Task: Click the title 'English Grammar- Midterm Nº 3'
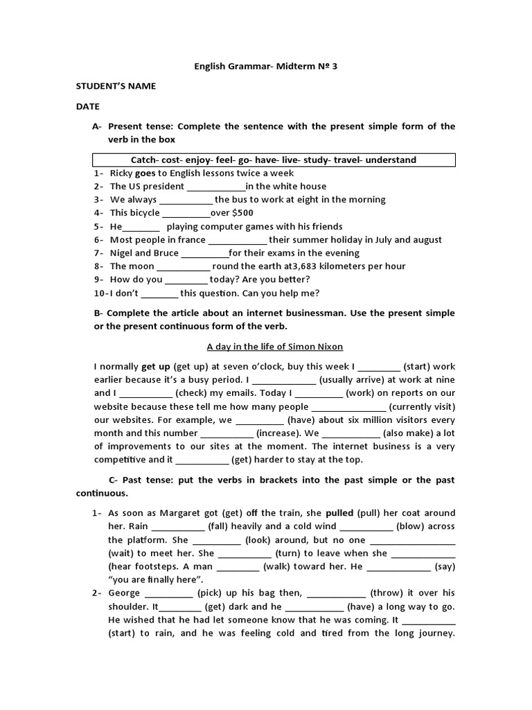point(266,67)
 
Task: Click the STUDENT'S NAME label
point(116,87)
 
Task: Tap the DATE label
point(87,107)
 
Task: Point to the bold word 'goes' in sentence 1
point(145,173)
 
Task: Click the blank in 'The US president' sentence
point(216,187)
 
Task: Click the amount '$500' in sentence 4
point(242,214)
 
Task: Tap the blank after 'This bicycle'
point(186,214)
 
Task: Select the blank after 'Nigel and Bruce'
point(204,254)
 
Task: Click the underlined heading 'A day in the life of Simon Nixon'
point(266,347)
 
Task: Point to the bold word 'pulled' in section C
point(339,514)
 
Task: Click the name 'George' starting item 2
point(125,594)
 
